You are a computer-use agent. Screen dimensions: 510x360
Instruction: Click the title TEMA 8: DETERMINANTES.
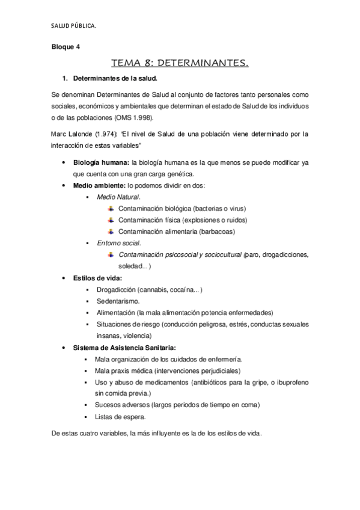pos(180,62)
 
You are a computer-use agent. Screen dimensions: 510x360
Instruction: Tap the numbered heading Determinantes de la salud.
pos(115,78)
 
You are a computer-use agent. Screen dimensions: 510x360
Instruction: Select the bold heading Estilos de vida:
pos(97,278)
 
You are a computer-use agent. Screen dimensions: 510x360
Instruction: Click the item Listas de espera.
pos(120,417)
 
